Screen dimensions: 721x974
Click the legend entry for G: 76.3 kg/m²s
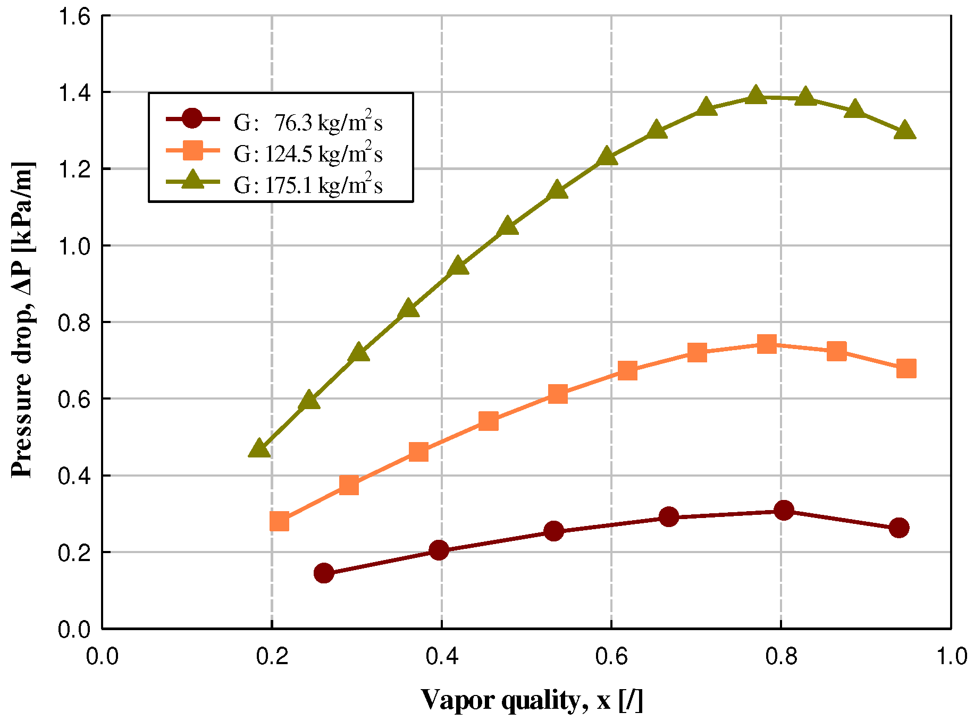point(307,123)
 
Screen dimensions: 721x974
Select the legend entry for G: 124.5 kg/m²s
point(307,154)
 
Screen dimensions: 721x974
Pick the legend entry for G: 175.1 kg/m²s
point(307,185)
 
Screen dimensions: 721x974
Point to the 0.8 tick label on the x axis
point(780,657)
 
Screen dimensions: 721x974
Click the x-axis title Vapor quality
point(532,700)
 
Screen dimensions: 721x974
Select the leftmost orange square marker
point(279,522)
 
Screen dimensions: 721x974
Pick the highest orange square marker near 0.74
point(767,344)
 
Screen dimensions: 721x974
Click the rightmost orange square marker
point(906,368)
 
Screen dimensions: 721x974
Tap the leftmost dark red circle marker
point(324,573)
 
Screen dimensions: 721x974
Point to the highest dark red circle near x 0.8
point(784,511)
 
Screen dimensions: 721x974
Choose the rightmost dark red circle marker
point(899,528)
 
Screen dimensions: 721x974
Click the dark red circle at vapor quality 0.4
point(439,550)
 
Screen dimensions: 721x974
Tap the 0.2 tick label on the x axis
point(272,657)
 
